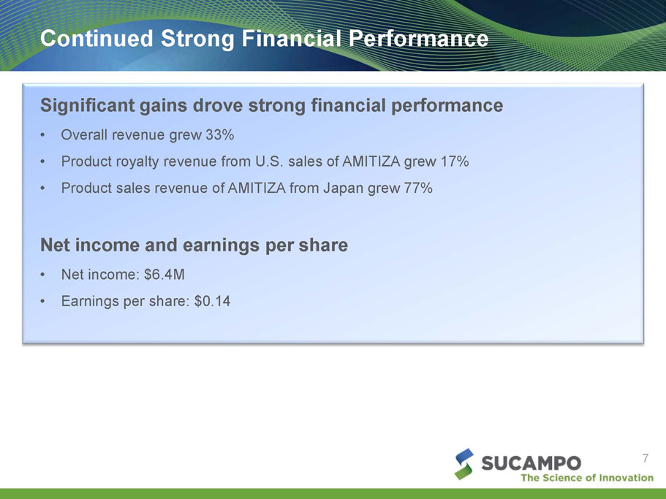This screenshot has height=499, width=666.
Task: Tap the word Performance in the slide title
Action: click(418, 38)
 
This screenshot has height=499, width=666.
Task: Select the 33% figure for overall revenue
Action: click(220, 134)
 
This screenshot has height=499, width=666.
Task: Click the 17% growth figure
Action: click(455, 161)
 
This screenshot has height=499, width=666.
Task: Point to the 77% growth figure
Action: click(418, 188)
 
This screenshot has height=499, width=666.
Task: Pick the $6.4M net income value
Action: click(164, 275)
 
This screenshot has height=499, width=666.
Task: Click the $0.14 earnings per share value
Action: click(212, 301)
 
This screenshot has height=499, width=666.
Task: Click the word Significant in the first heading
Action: click(88, 105)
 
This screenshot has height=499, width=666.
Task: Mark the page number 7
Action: click(646, 458)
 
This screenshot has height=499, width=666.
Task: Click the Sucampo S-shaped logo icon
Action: click(463, 464)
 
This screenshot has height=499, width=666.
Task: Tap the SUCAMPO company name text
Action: click(531, 463)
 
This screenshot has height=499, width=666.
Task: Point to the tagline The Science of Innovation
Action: click(587, 478)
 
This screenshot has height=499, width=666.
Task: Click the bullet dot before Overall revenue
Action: click(42, 135)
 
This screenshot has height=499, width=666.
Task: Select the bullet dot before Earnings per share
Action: click(42, 302)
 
